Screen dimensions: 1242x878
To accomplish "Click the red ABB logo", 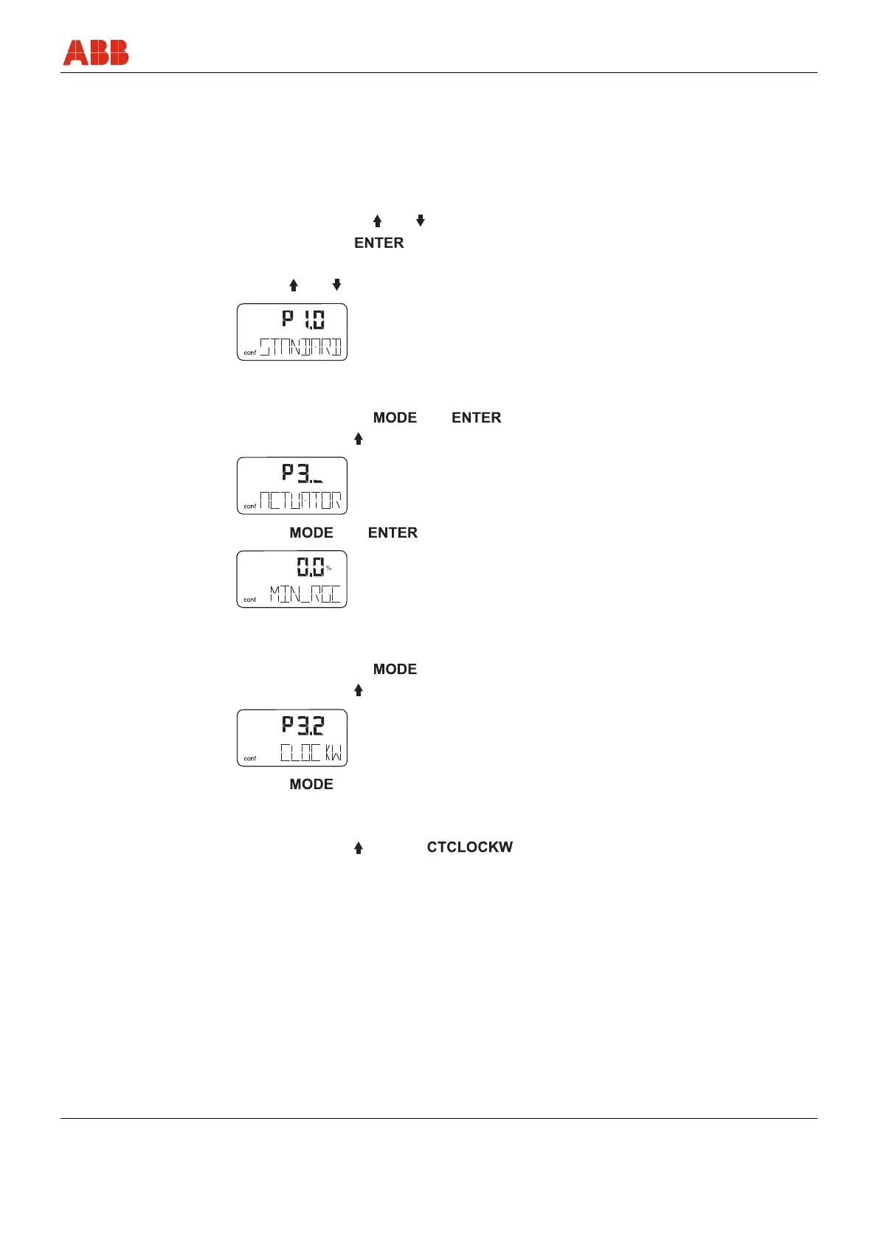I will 96,52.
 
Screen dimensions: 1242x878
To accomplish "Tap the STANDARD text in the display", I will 300,347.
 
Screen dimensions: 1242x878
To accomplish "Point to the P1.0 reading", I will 303,319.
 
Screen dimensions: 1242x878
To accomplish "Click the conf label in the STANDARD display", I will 250,353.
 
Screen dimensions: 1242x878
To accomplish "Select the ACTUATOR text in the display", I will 300,501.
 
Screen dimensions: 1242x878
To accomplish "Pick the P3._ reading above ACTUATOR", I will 303,473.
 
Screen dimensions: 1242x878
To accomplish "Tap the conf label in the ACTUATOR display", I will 250,507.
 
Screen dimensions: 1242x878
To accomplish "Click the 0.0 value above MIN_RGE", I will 310,567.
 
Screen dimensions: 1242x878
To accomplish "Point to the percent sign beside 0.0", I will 329,568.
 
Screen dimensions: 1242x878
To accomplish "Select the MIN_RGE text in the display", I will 305,594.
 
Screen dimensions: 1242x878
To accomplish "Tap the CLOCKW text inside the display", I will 311,753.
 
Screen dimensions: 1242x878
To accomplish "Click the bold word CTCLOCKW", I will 469,847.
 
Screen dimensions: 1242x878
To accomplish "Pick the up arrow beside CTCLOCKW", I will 359,848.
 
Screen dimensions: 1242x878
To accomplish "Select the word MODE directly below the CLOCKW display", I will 311,784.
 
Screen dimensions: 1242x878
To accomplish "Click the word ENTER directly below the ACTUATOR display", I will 393,532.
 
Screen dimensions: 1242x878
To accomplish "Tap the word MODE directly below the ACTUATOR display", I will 311,532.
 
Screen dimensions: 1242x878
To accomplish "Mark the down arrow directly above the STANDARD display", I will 336,285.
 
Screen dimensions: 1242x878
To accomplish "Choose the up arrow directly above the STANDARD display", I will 293,285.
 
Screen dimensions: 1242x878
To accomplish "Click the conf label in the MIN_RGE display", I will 250,600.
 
